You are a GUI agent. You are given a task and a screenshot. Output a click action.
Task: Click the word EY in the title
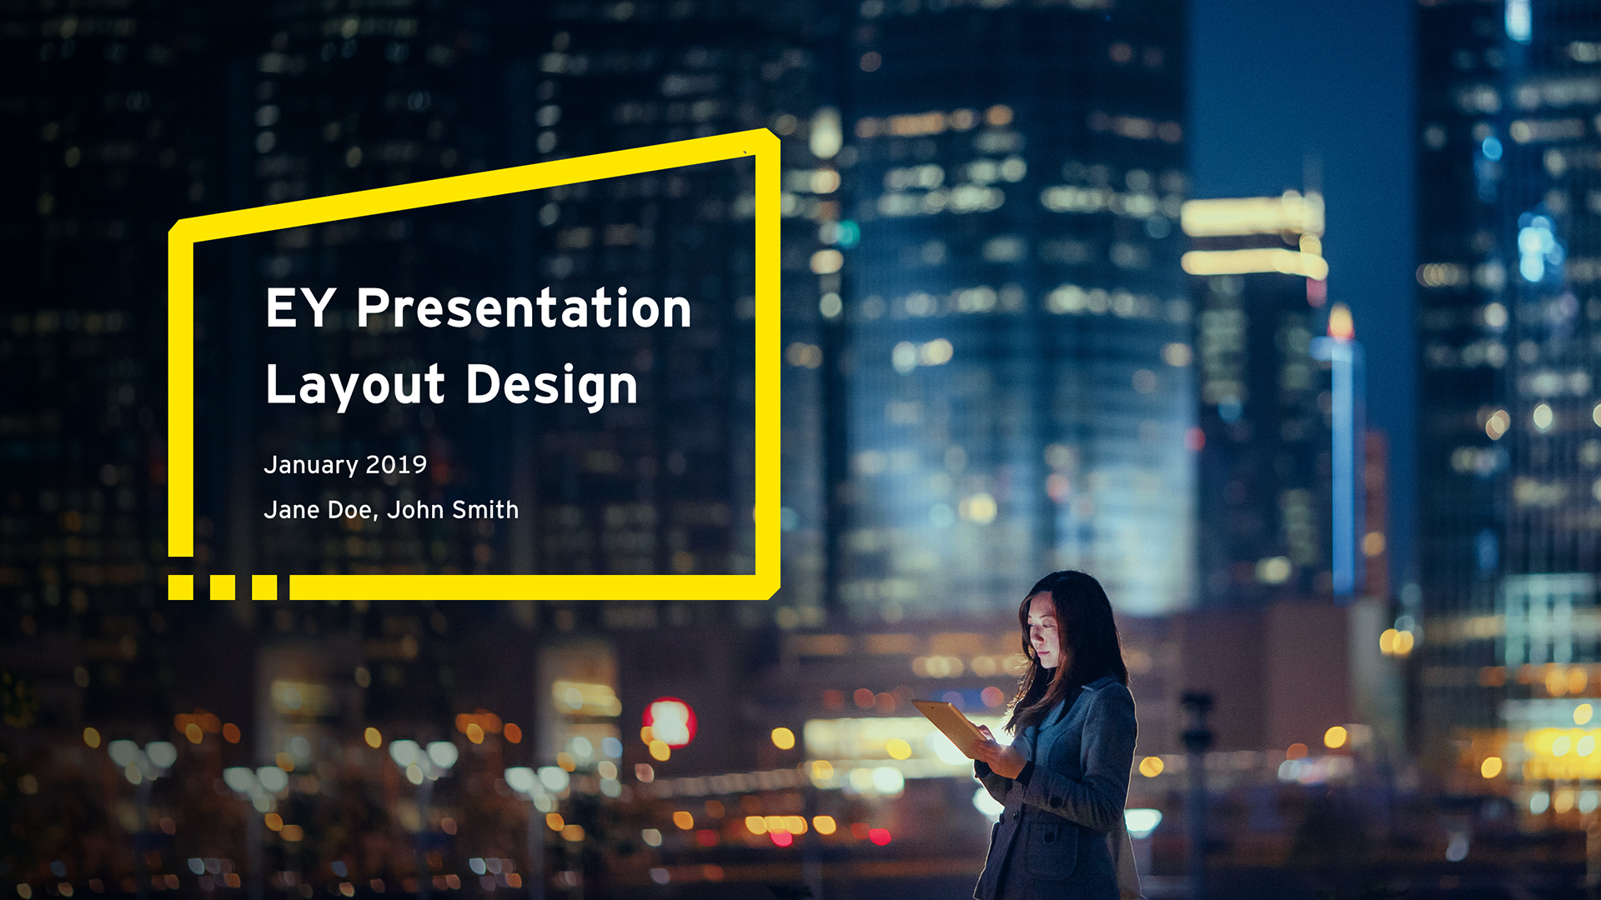coord(300,307)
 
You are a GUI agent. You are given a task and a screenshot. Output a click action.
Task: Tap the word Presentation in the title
coord(524,307)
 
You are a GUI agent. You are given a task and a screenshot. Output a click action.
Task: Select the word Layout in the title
coord(355,386)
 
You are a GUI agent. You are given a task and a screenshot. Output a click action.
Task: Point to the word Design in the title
coord(552,386)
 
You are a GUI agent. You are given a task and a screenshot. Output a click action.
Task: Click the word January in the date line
coord(311,466)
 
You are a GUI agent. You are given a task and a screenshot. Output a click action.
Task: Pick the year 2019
coord(396,464)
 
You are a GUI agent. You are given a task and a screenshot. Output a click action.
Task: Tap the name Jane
coord(291,510)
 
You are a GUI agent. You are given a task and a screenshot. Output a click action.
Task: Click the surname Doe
coord(350,510)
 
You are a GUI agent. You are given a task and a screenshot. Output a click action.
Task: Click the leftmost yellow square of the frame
coord(181,587)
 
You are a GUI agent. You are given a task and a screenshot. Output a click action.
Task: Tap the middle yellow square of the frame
coord(223,587)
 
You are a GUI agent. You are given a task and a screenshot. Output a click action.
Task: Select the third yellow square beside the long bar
coord(264,587)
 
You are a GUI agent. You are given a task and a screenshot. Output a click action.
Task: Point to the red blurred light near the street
coord(669,722)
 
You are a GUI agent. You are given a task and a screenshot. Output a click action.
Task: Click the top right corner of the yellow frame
coord(774,133)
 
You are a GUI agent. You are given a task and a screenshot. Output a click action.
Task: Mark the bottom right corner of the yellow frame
coord(773,593)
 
